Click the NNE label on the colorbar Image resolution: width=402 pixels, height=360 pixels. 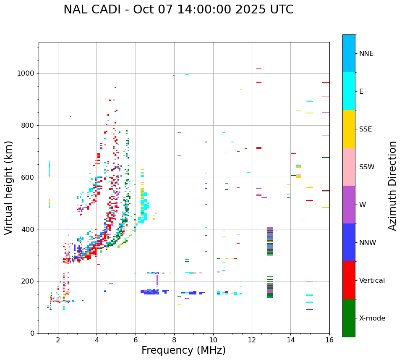[x=366, y=54]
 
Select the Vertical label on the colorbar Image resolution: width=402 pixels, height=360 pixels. [x=372, y=281]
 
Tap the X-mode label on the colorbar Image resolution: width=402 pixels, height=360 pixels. [x=372, y=318]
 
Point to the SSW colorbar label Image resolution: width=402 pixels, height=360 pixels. [x=367, y=167]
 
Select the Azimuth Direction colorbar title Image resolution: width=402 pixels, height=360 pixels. [x=392, y=186]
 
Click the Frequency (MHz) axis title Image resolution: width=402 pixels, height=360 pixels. [x=183, y=350]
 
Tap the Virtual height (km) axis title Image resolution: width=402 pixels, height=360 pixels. [x=9, y=188]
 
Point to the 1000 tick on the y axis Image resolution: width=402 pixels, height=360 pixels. [x=26, y=74]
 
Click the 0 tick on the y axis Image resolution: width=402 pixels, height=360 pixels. [x=32, y=333]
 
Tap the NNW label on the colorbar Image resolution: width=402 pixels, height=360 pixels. [x=368, y=243]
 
